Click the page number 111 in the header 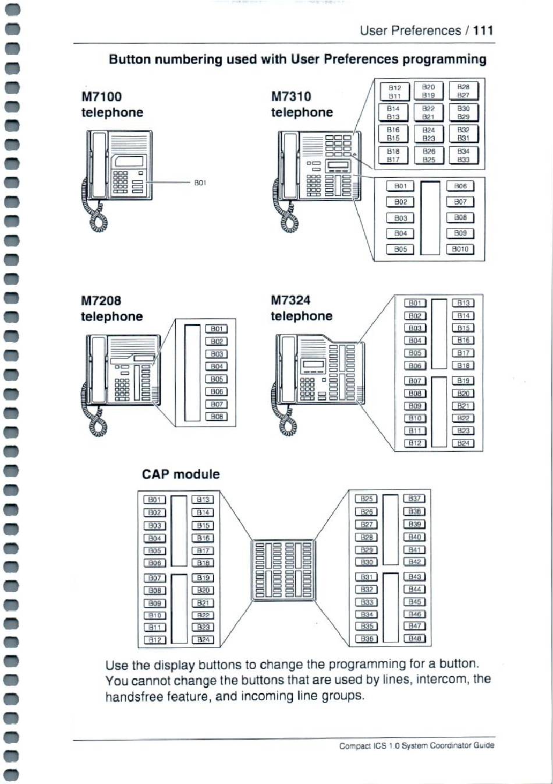click(483, 30)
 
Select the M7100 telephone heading click(112, 104)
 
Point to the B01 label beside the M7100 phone click(200, 182)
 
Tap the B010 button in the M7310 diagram click(460, 249)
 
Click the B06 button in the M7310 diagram click(460, 186)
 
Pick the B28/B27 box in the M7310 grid click(463, 91)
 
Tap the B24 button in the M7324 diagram click(463, 444)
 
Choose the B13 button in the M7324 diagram click(463, 303)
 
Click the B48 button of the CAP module click(414, 639)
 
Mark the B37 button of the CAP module click(414, 498)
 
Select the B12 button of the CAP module click(155, 639)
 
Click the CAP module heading click(180, 474)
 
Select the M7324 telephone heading click(302, 308)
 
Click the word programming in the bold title click(444, 59)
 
